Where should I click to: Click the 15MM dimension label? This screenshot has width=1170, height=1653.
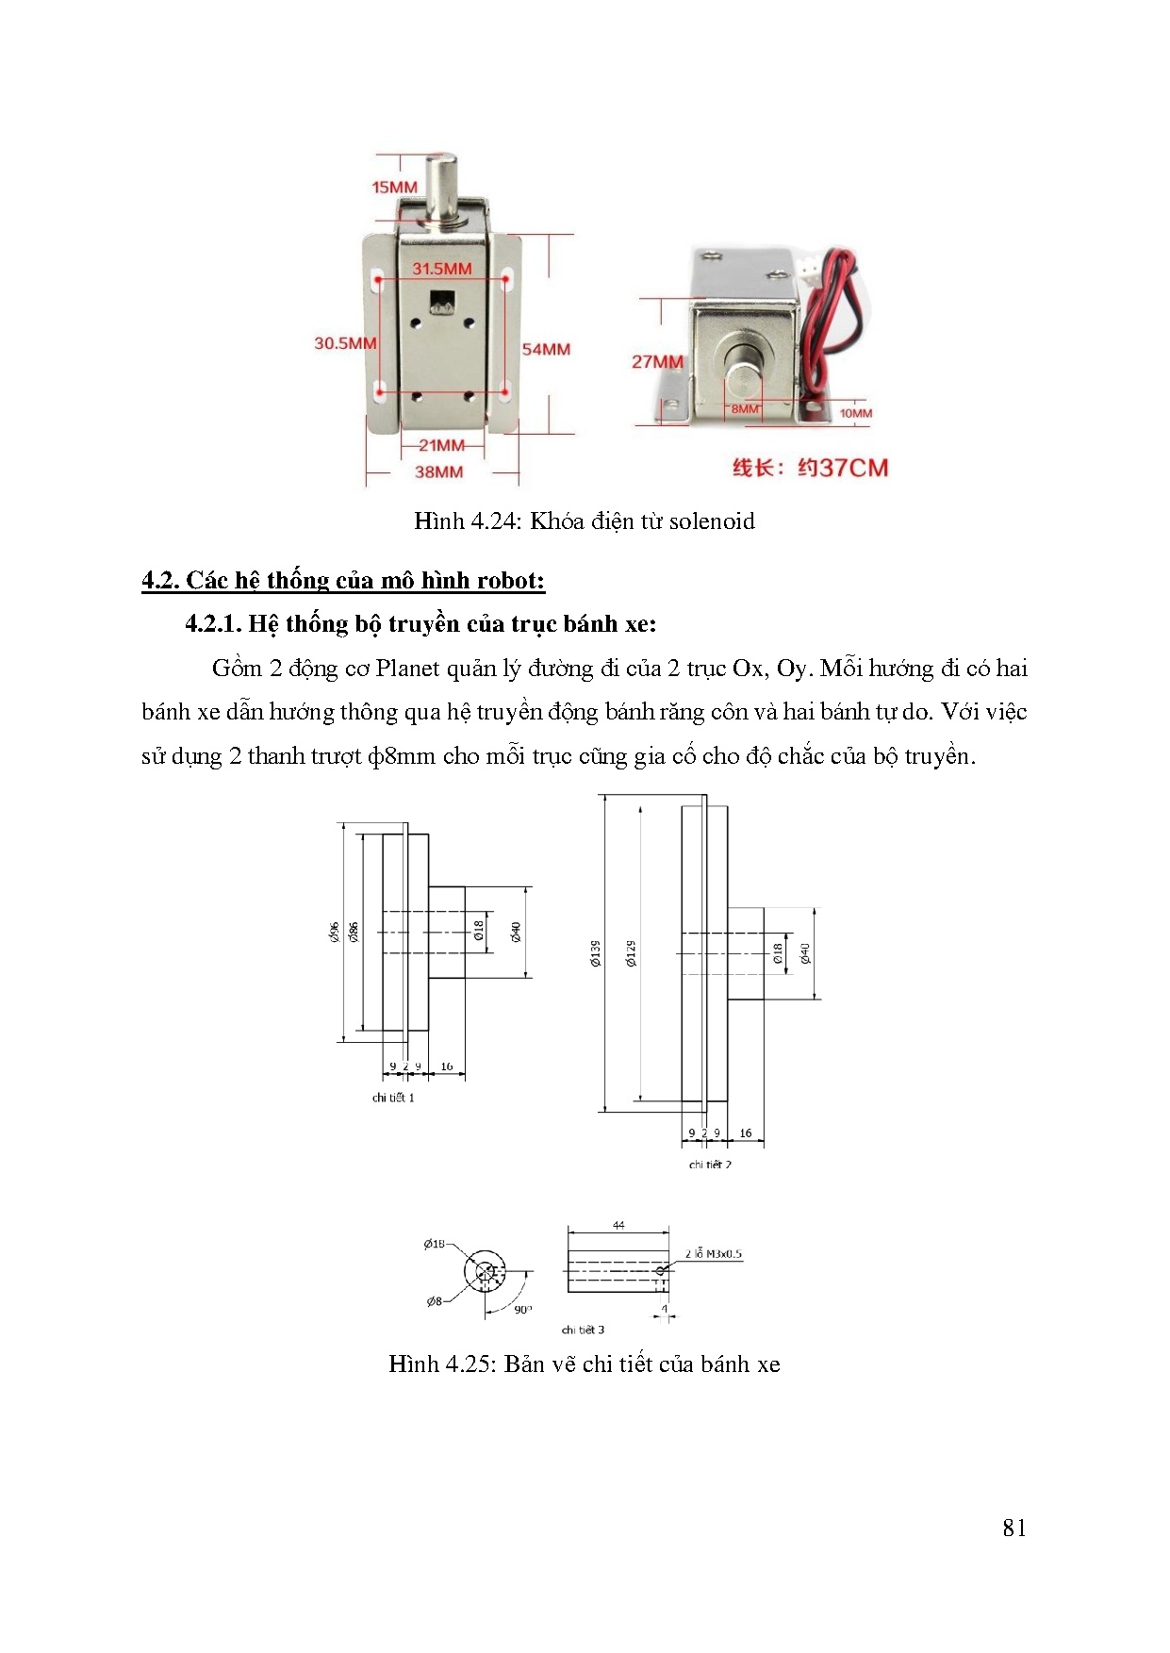pyautogui.click(x=394, y=187)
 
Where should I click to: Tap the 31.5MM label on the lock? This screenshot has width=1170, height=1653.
pyautogui.click(x=441, y=269)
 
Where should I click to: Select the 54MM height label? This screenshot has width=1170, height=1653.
pyautogui.click(x=546, y=349)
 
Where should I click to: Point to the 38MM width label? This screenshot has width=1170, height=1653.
pyautogui.click(x=438, y=471)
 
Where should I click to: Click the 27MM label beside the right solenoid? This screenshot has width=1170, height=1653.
pyautogui.click(x=657, y=361)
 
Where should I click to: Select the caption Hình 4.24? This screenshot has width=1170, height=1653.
pyautogui.click(x=584, y=521)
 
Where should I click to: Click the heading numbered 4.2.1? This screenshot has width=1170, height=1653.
pyautogui.click(x=420, y=623)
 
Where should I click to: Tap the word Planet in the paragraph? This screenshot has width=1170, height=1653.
pyautogui.click(x=407, y=669)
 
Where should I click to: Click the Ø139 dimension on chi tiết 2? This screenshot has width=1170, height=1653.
pyautogui.click(x=595, y=953)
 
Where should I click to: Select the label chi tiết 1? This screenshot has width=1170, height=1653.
pyautogui.click(x=393, y=1098)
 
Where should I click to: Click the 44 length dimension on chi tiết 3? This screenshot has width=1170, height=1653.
pyautogui.click(x=618, y=1225)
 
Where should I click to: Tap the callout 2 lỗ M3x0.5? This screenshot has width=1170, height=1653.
pyautogui.click(x=714, y=1254)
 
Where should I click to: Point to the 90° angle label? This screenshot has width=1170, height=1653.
pyautogui.click(x=522, y=1309)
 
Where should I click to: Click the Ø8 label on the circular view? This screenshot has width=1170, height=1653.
pyautogui.click(x=434, y=1301)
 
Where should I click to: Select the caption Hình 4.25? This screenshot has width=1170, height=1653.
pyautogui.click(x=584, y=1364)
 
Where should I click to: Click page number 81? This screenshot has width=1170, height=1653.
pyautogui.click(x=1014, y=1529)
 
